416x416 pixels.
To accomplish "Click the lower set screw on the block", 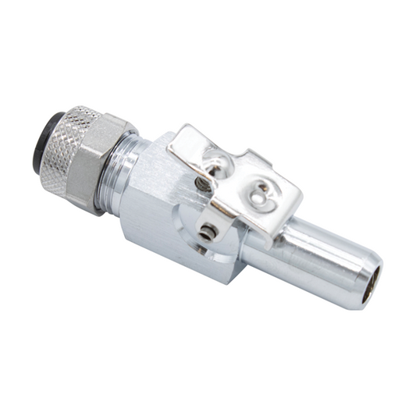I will click(207, 233).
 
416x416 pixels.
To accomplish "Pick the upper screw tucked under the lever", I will click(202, 183).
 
